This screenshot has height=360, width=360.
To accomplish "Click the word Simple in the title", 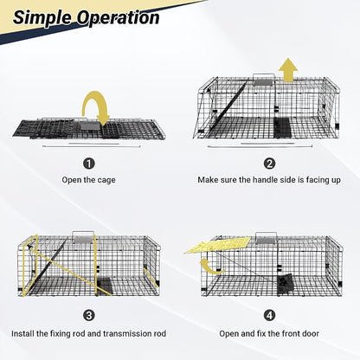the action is coord(42,18).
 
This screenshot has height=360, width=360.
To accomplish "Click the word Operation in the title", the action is coord(118,17).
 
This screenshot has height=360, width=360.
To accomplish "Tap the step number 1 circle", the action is coord(89,164).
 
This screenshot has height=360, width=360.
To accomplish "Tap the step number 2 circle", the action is coord(269,164).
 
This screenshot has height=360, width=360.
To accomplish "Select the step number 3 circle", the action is coord(89,315).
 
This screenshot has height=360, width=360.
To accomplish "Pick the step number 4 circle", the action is coord(269,315).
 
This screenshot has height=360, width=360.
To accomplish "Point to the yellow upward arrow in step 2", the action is coord(287,70).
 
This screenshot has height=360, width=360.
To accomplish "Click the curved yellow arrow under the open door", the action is coord(211,266).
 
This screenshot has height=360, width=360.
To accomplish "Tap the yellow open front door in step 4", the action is coord(218,245).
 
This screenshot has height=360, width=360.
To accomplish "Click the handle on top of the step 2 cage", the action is coord(264,80).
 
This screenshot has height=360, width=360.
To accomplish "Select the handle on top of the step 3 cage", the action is coord(83,237).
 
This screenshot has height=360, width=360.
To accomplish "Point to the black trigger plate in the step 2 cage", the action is coord(281,127).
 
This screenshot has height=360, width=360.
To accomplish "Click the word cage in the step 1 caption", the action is coord(106,180).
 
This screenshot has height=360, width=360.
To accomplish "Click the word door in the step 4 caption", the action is coord(311,334).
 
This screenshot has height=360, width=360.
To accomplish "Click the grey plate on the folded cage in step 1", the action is coord(89,126).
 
